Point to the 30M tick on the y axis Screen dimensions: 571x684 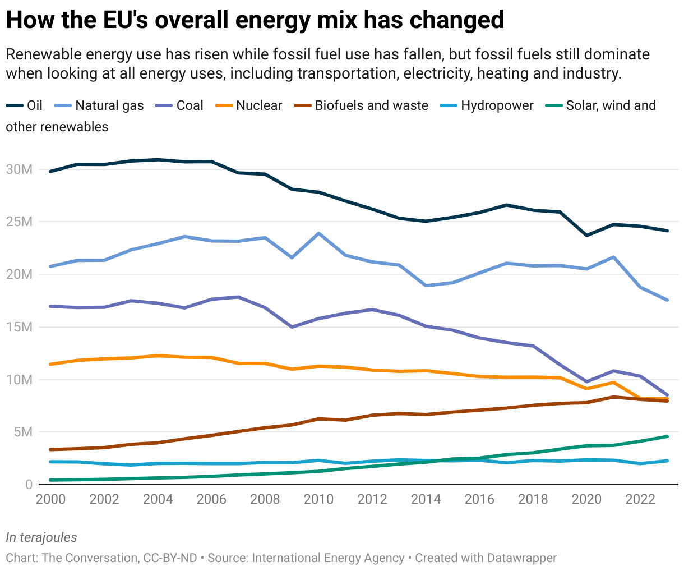[x=20, y=169]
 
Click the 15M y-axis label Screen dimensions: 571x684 [x=20, y=327]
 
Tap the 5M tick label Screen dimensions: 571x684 [x=23, y=432]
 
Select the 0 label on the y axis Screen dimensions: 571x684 [x=29, y=485]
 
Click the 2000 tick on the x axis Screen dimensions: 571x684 [x=50, y=499]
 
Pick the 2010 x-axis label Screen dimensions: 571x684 [x=318, y=499]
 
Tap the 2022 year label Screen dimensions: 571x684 [x=640, y=499]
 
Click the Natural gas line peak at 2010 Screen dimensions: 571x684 [x=318, y=233]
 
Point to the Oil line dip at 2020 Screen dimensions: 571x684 [x=587, y=235]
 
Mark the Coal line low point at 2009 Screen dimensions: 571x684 [x=292, y=326]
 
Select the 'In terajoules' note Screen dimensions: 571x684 [x=41, y=537]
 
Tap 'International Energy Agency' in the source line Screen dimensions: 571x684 [x=328, y=558]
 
